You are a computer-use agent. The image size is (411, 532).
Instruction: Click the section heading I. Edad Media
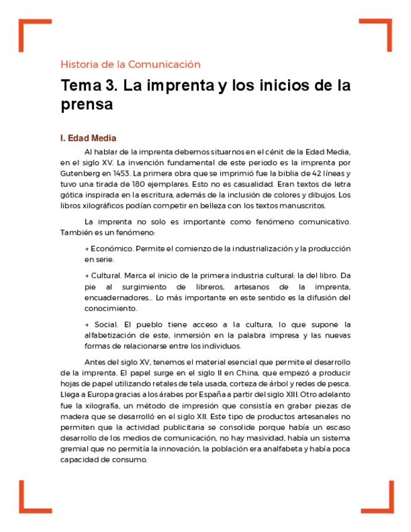88,138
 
